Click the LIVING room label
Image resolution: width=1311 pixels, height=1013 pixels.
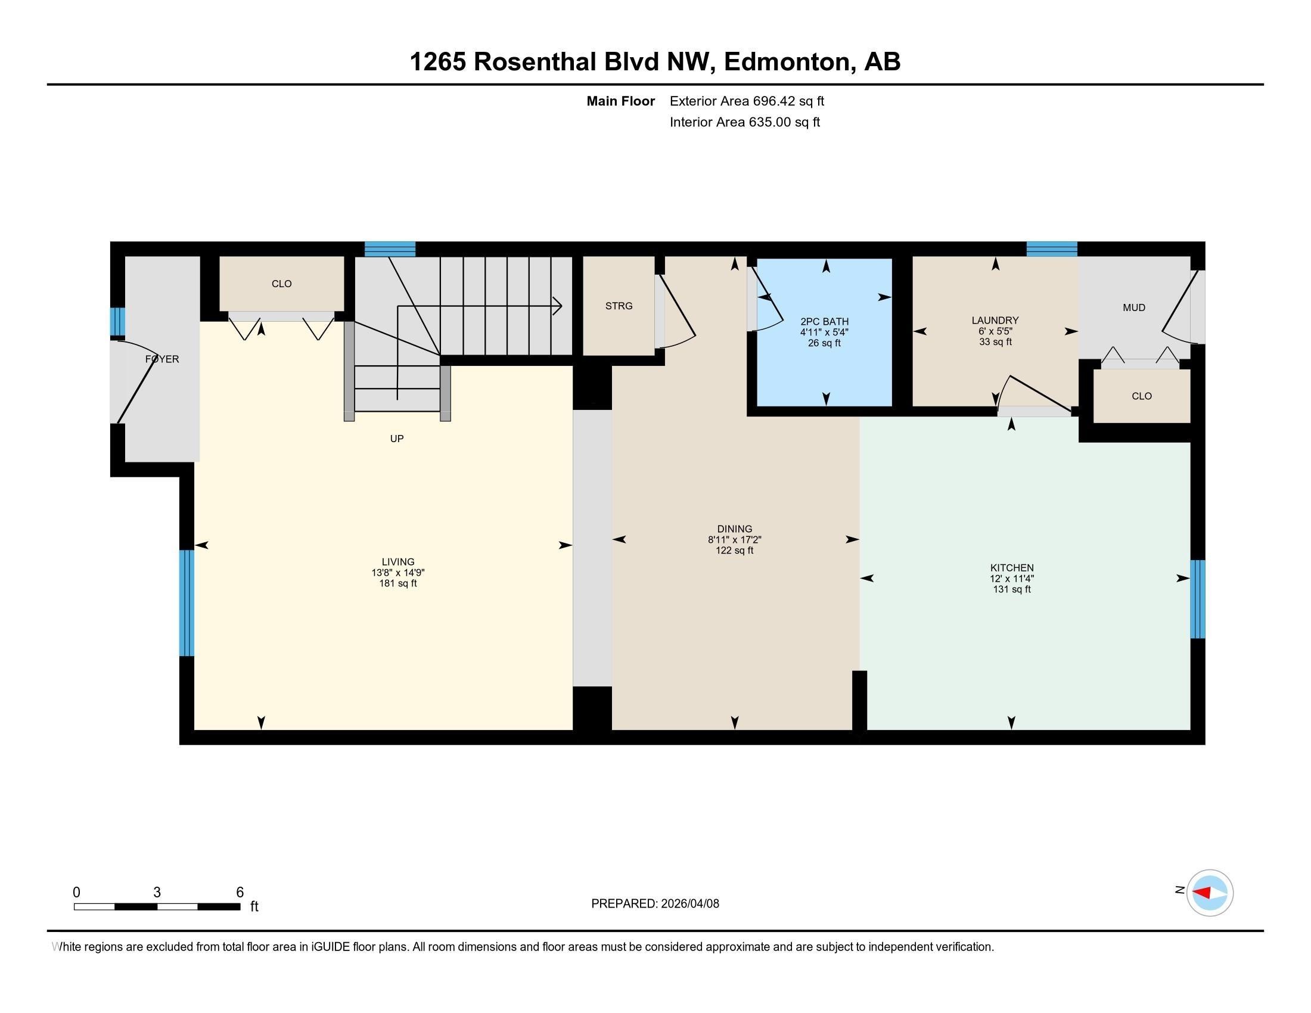[x=397, y=562]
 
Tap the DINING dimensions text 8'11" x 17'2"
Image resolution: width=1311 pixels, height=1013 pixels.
[x=734, y=539]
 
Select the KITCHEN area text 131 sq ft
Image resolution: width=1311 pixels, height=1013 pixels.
[x=1011, y=589]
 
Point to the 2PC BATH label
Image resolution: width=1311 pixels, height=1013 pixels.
[x=824, y=321]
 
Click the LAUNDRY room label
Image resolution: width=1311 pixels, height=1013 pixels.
[x=995, y=320]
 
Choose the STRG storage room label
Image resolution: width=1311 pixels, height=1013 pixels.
[x=619, y=306]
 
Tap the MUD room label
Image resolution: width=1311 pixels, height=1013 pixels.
[x=1133, y=307]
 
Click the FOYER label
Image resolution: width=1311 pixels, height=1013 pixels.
[x=162, y=359]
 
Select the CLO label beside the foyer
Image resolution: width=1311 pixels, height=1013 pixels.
[x=281, y=283]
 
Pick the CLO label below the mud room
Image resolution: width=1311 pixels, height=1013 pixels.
[x=1141, y=396]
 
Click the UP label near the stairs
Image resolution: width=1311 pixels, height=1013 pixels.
[x=396, y=438]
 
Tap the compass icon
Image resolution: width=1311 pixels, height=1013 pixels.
[x=1209, y=893]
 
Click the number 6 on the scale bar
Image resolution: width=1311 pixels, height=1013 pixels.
[x=240, y=892]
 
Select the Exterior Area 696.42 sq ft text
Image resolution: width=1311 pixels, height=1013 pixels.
[x=746, y=101]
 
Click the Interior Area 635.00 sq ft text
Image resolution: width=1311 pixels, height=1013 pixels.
[x=744, y=122]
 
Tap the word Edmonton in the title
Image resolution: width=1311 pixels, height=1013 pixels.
[x=790, y=61]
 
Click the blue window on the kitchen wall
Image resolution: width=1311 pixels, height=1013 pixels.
[x=1197, y=598]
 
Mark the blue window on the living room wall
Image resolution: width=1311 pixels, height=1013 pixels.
[x=187, y=602]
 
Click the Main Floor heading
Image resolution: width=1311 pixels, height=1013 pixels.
[x=620, y=101]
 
